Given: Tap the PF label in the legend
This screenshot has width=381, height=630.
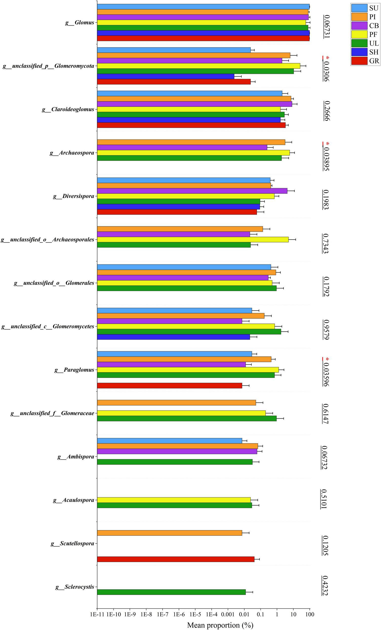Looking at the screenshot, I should point(374,34).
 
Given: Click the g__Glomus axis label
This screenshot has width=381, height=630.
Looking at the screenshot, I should point(79,23).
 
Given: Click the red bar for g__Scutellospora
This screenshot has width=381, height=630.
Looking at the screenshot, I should point(175,559).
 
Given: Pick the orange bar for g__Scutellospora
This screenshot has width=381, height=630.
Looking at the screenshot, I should point(169,533).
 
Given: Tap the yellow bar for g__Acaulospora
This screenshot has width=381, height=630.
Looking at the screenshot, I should point(174,500).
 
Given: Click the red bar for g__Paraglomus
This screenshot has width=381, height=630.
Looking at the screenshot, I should point(169,386).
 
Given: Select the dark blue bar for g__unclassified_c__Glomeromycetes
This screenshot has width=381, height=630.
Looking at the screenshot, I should point(173,337).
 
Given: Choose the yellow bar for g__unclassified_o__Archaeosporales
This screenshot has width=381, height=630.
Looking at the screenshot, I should point(193,240).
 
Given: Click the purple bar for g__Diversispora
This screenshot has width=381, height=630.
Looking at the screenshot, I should point(192,191).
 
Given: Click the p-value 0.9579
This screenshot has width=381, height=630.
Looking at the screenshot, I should point(326,330).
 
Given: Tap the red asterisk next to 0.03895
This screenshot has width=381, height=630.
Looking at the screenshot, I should point(328,144).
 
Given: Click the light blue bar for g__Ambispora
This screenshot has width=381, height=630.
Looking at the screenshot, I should point(169,441).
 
